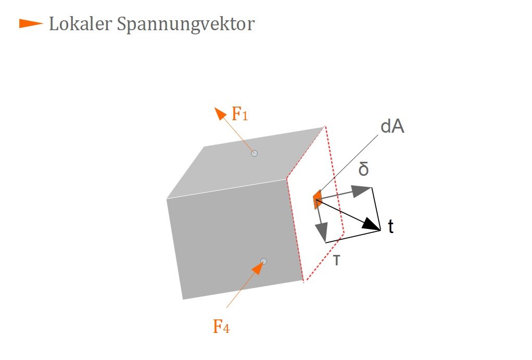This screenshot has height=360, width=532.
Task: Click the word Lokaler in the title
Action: pos(80,24)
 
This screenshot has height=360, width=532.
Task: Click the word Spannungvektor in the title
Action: pos(186,25)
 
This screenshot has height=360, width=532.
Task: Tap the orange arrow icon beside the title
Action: pos(31,24)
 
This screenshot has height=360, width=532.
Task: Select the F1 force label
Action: pos(240,114)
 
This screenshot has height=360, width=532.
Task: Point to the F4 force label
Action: pos(221,326)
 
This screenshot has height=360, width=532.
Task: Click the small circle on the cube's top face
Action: pos(254,153)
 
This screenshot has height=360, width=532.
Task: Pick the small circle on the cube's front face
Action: pos(263,261)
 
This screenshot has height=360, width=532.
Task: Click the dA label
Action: pos(392,126)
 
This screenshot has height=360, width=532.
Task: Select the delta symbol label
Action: pos(363,169)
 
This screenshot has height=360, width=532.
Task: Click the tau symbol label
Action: pos(336,260)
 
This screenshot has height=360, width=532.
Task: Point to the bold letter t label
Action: pos(390,226)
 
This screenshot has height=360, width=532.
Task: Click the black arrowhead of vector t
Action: pos(372,225)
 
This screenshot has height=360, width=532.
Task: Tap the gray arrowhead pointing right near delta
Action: pos(361,191)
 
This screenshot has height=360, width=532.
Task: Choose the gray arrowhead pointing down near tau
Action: pos(321,233)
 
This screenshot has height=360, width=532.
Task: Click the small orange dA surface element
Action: pos(317,199)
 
